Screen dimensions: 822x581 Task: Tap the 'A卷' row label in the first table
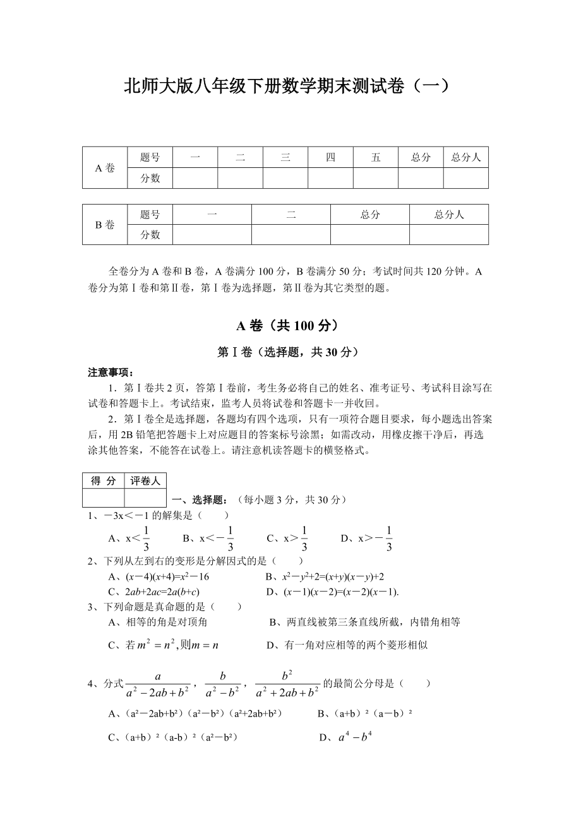pyautogui.click(x=104, y=168)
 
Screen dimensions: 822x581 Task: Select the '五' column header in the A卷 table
pyautogui.click(x=376, y=158)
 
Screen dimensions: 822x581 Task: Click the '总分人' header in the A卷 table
pyautogui.click(x=465, y=158)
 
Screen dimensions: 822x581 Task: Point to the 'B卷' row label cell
pyautogui.click(x=104, y=225)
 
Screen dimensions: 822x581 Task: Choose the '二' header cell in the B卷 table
pyautogui.click(x=290, y=215)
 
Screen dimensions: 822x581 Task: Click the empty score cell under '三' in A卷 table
pyautogui.click(x=285, y=178)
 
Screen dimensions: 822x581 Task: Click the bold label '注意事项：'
pyautogui.click(x=111, y=372)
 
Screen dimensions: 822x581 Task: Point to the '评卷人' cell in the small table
pyautogui.click(x=145, y=481)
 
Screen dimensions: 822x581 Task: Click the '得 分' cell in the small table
pyautogui.click(x=103, y=481)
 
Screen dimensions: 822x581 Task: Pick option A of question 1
pyautogui.click(x=129, y=539)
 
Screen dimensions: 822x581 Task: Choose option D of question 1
pyautogui.click(x=367, y=539)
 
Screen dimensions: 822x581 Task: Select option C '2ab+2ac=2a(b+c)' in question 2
pyautogui.click(x=154, y=592)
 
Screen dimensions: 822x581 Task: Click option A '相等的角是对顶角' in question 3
pyautogui.click(x=158, y=622)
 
